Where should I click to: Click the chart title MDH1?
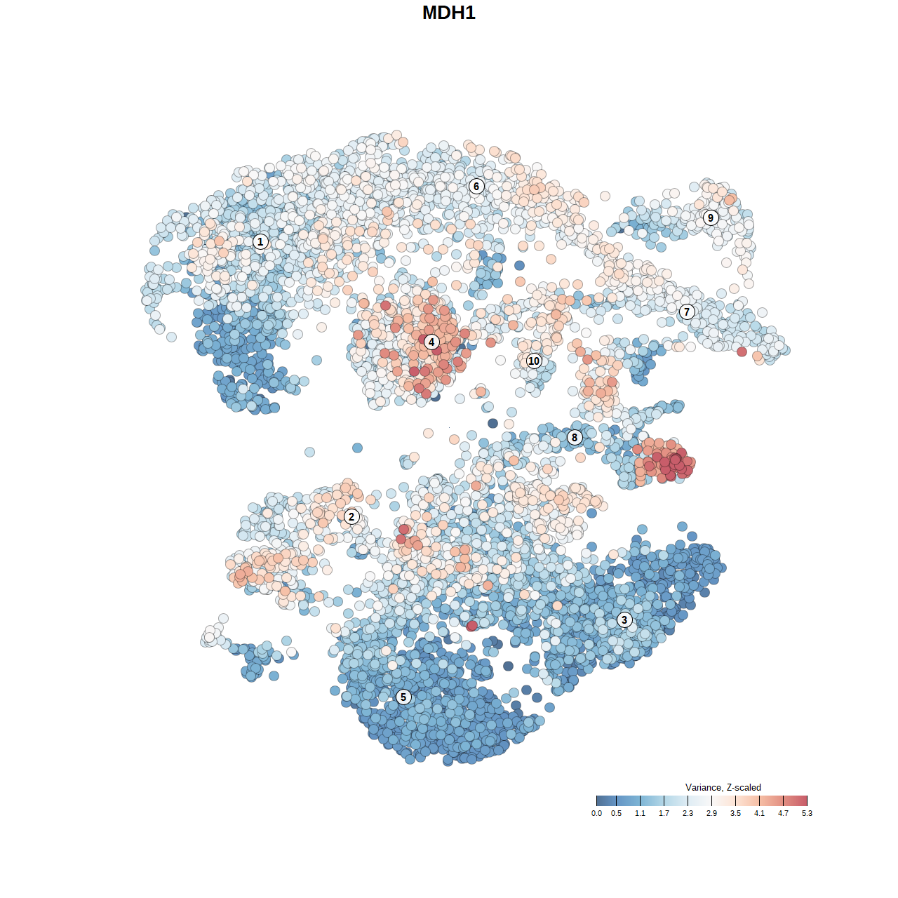[x=449, y=13]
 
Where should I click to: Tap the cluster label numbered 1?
[x=260, y=242]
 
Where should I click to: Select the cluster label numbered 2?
[x=351, y=517]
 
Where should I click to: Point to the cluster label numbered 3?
[x=624, y=619]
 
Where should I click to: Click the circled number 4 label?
[x=431, y=342]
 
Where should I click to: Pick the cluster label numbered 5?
[x=403, y=697]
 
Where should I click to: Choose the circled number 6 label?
[x=476, y=186]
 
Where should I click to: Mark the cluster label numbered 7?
[x=687, y=311]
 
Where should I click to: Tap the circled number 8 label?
[x=575, y=438]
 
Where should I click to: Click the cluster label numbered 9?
[x=711, y=217]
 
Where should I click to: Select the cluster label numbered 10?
[x=534, y=361]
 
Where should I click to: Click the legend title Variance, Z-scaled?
[x=723, y=787]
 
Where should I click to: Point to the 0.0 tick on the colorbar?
[x=596, y=813]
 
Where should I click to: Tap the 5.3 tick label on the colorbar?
[x=807, y=813]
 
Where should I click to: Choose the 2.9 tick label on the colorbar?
[x=711, y=813]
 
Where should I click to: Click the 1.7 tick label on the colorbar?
[x=664, y=813]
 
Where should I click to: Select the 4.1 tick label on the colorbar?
[x=759, y=813]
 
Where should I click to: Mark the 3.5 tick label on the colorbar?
[x=735, y=813]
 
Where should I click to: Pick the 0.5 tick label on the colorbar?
[x=616, y=813]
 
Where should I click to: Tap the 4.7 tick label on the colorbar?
[x=783, y=813]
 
